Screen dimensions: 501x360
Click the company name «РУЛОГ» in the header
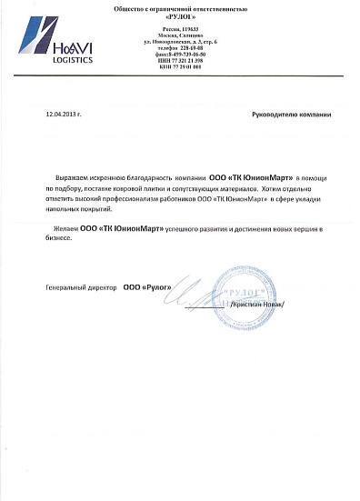(179, 17)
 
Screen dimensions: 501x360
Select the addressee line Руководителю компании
(291, 116)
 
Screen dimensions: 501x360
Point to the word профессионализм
(158, 197)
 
